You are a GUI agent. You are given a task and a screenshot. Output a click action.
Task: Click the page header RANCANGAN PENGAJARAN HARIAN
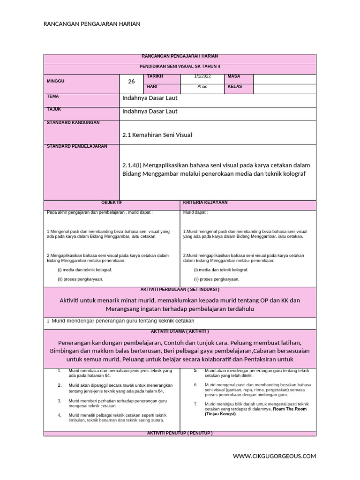tap(92, 24)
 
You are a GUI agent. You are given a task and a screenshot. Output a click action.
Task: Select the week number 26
tap(131, 82)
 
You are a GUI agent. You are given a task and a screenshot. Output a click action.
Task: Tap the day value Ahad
tap(202, 87)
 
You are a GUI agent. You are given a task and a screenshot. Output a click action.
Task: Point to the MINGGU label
tap(56, 81)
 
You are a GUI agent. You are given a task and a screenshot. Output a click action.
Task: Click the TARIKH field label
tap(155, 76)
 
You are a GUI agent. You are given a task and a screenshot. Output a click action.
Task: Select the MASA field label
tap(233, 76)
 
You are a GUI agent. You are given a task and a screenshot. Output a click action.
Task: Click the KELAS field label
tap(235, 87)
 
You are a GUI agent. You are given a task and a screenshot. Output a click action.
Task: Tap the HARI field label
tap(152, 87)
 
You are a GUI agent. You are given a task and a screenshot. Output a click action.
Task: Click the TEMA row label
tap(52, 96)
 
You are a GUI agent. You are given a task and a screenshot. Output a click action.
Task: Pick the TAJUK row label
tap(54, 109)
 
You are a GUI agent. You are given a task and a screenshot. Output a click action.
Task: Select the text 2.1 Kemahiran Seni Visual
tap(157, 135)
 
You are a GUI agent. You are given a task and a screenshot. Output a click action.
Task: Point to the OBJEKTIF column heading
tap(112, 202)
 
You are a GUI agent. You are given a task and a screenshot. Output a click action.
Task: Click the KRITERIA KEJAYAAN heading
tap(205, 202)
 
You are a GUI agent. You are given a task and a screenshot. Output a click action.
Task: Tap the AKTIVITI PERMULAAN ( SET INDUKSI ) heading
tap(180, 290)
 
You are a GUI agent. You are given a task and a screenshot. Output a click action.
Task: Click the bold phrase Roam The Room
tap(290, 409)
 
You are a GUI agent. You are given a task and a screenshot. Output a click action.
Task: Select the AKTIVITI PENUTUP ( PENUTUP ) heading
tap(180, 433)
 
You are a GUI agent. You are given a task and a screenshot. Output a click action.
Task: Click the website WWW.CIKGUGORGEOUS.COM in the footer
tap(275, 456)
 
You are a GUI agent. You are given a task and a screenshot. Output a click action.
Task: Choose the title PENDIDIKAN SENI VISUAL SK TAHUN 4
tap(180, 67)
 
